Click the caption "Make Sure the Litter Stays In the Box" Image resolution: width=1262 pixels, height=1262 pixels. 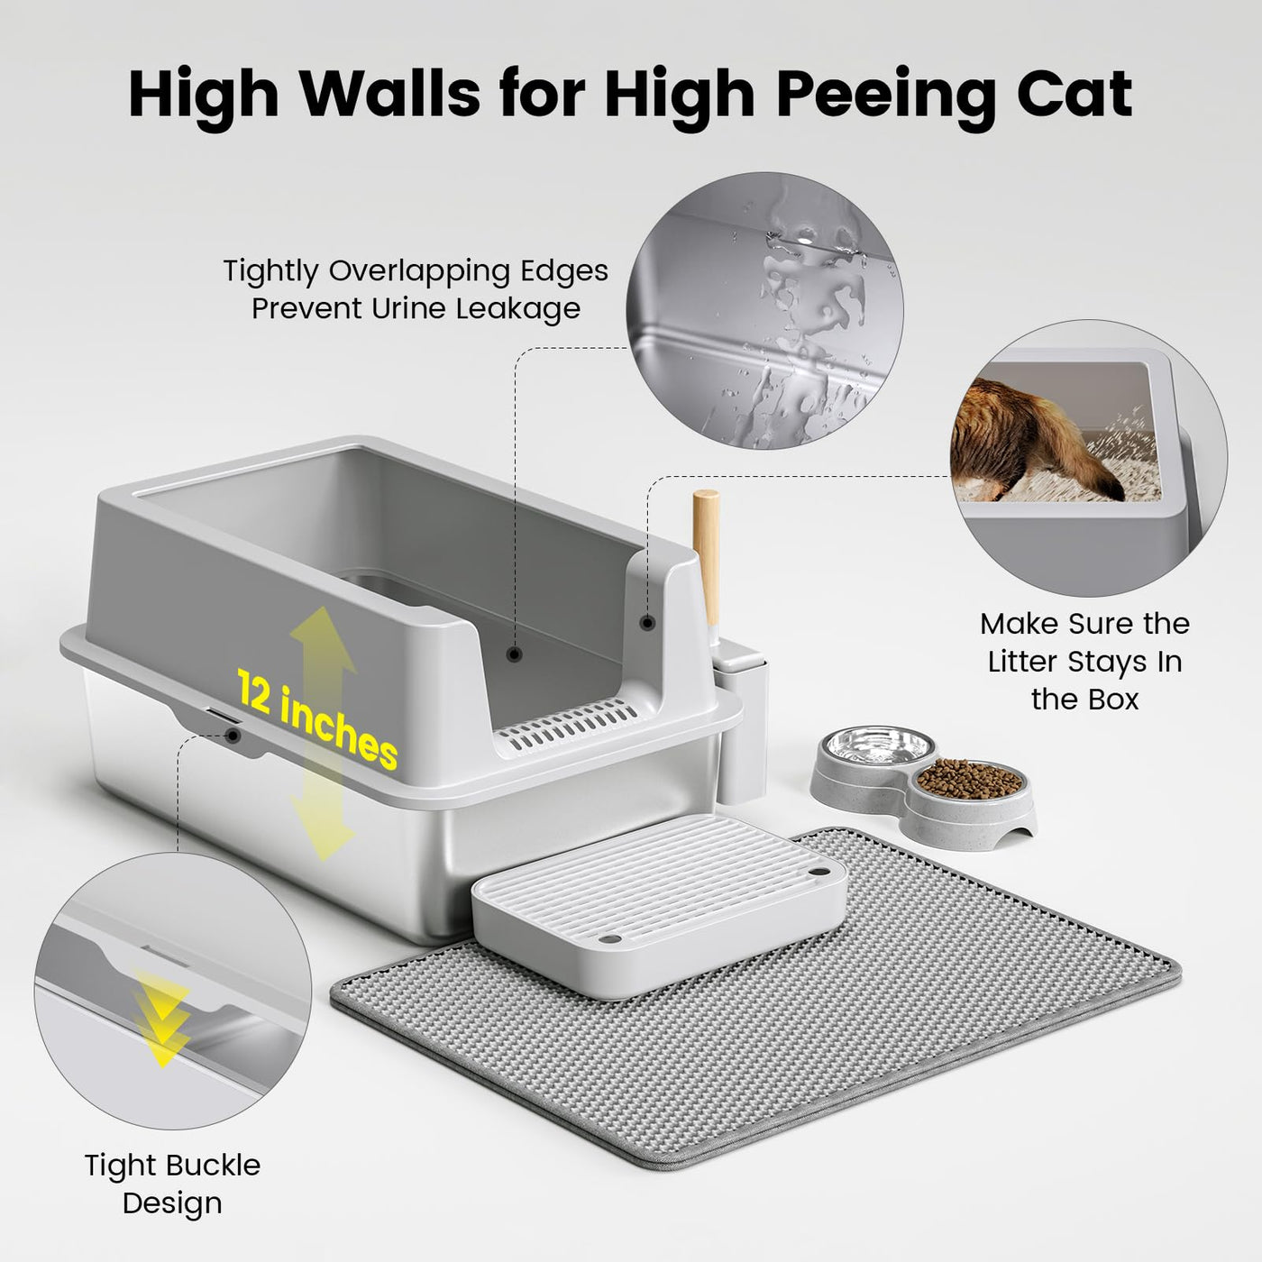click(1084, 662)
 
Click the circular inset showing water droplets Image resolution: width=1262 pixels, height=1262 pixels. click(765, 310)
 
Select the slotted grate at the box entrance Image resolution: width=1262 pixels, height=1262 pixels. click(567, 726)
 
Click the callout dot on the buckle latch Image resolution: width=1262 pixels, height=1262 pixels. click(233, 736)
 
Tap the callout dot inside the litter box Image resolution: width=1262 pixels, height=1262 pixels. click(515, 654)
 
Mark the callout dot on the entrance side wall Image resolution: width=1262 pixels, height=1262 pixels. click(648, 623)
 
